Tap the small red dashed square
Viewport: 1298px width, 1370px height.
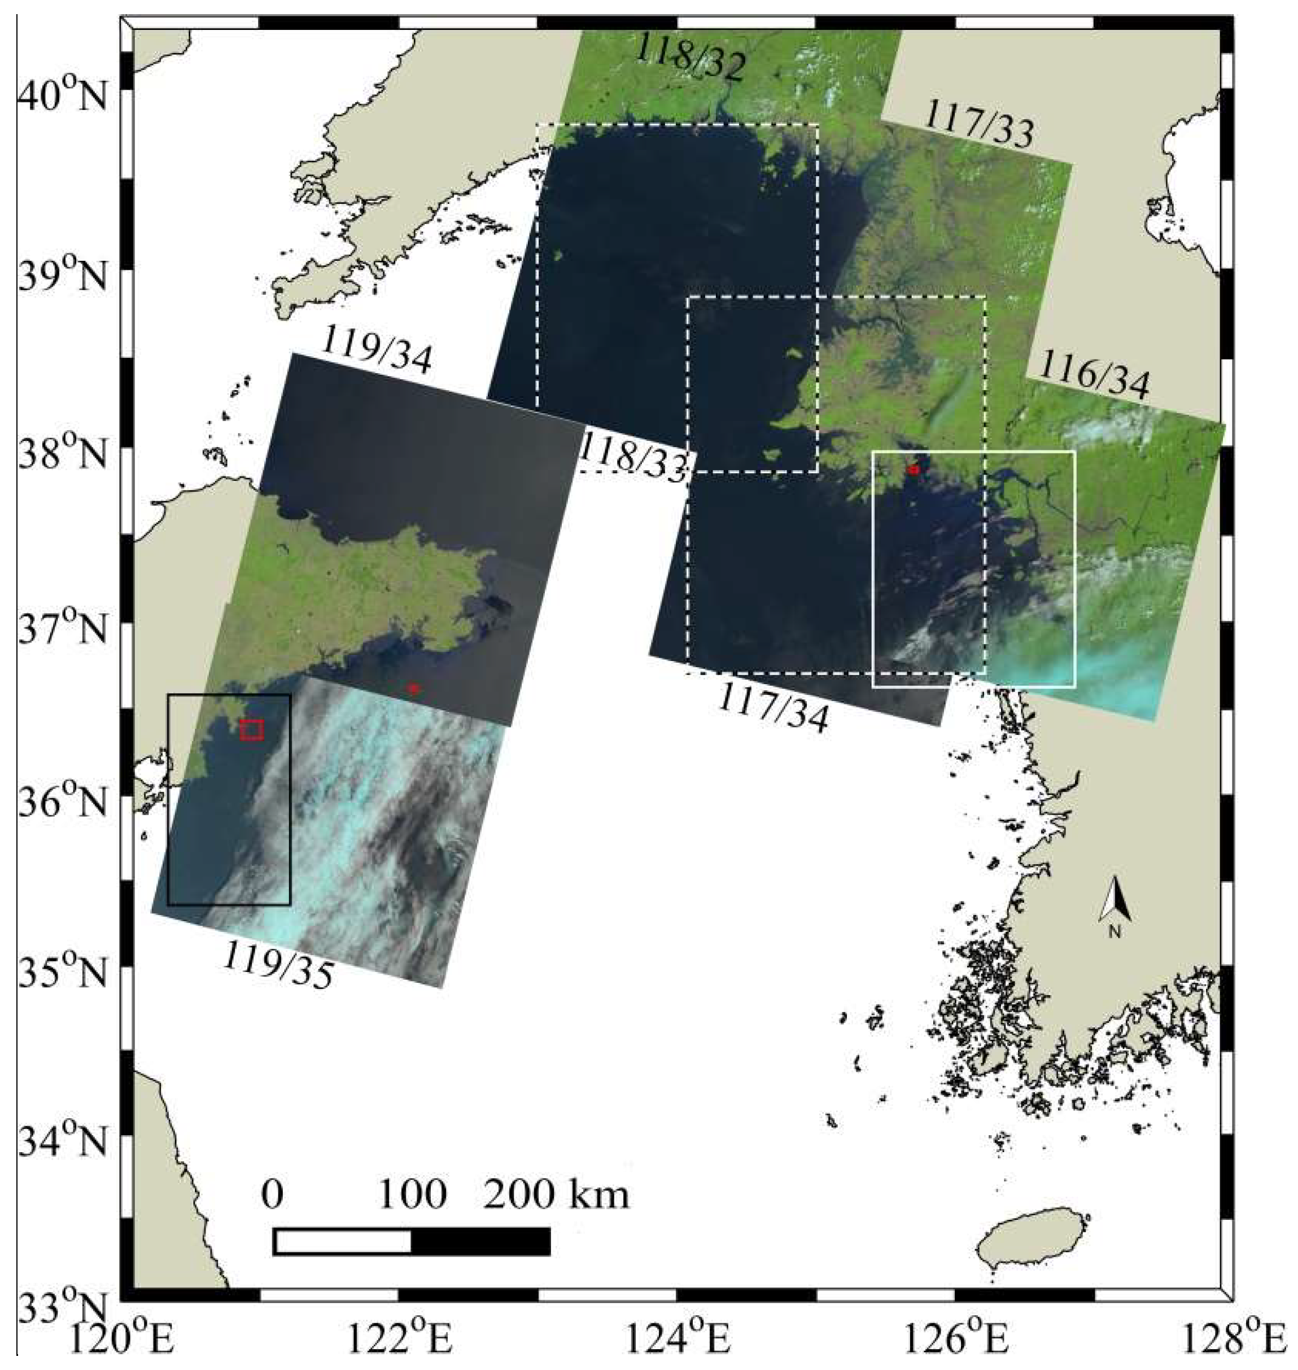click(252, 729)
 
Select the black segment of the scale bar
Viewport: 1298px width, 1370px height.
click(481, 1241)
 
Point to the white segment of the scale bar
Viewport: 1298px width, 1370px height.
click(343, 1241)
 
